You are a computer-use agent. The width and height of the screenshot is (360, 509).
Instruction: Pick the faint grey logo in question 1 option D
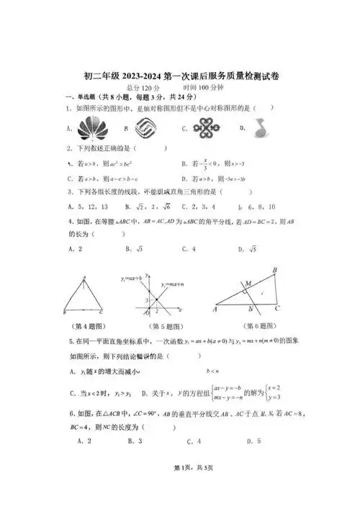pos(257,128)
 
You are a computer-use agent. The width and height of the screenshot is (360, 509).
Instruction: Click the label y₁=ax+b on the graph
pos(130,276)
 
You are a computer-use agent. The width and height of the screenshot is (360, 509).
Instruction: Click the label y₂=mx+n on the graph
pos(174,284)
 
